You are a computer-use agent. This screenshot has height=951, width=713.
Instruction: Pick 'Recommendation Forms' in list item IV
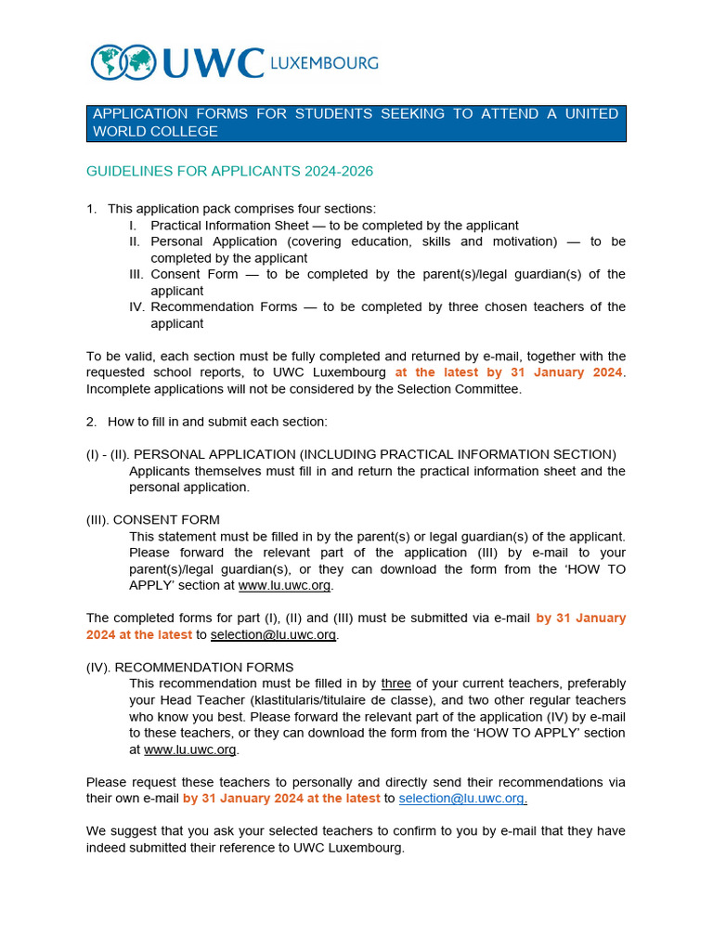click(x=225, y=306)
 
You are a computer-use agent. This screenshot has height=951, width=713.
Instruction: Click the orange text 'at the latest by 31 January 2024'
click(x=509, y=372)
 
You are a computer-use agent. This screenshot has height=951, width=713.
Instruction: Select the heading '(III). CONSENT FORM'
click(x=153, y=520)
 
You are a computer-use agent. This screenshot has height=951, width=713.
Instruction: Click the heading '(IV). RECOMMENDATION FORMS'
click(x=190, y=667)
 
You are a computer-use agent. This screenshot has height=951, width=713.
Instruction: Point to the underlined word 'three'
click(x=396, y=684)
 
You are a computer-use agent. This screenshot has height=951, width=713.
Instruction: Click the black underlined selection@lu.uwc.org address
click(x=273, y=635)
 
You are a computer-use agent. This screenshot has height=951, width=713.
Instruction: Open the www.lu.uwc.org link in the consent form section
click(x=284, y=586)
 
